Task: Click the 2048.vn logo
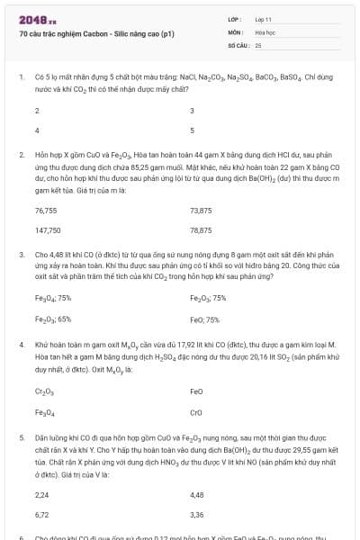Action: click(37, 20)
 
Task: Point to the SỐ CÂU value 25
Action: click(258, 44)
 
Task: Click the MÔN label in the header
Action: click(235, 31)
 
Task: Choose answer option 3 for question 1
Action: click(193, 111)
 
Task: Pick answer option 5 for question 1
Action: click(193, 130)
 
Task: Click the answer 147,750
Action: click(48, 229)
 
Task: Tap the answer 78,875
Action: click(202, 229)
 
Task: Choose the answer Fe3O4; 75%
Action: click(53, 298)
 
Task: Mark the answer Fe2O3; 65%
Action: click(53, 318)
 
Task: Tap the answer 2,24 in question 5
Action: click(41, 494)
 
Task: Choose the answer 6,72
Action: click(41, 514)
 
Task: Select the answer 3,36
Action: click(197, 514)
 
